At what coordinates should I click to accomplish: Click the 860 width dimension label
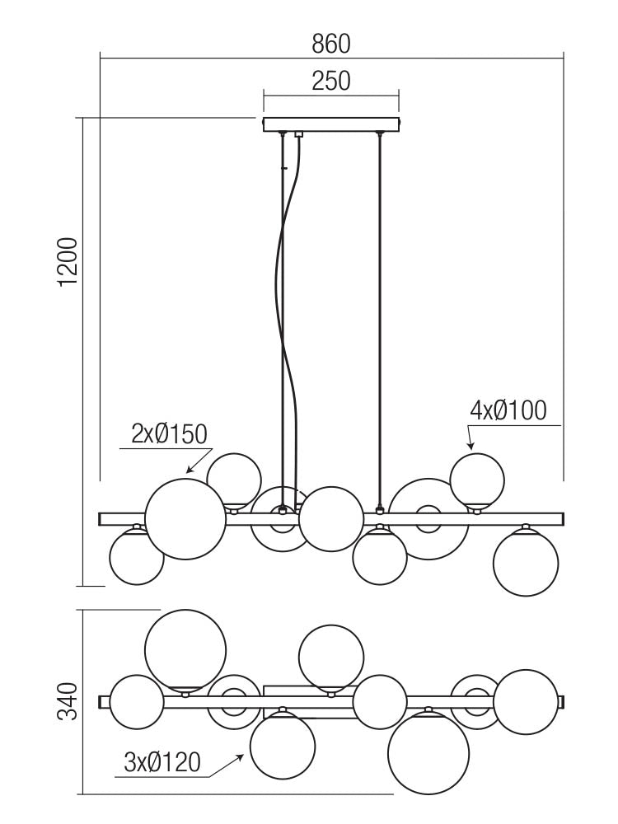(x=331, y=44)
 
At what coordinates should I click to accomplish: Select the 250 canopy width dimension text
(x=331, y=81)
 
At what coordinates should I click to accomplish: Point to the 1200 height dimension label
(x=68, y=262)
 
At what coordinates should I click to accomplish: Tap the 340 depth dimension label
(x=68, y=701)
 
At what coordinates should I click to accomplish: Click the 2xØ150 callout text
(x=169, y=434)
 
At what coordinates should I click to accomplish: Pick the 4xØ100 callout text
(x=508, y=410)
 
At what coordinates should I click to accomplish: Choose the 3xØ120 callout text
(x=162, y=762)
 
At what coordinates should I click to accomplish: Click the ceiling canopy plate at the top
(x=331, y=125)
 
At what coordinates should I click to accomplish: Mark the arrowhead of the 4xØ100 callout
(x=471, y=446)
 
